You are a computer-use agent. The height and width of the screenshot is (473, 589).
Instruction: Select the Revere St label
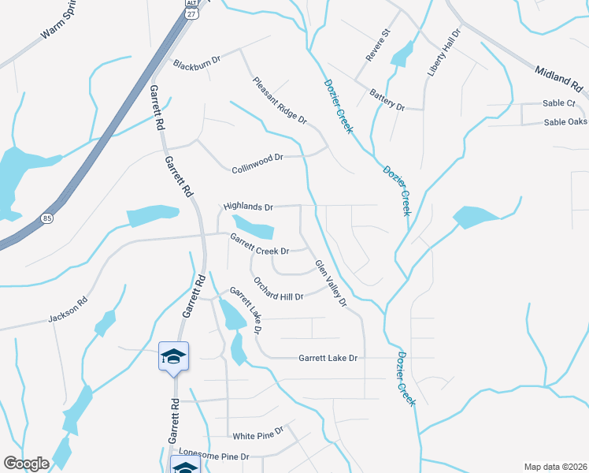pos(378,45)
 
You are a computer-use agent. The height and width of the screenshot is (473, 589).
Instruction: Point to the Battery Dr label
pos(387,100)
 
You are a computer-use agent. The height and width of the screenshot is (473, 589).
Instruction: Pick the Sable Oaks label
pos(566,122)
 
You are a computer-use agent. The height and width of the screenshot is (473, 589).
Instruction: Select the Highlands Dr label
pos(247,207)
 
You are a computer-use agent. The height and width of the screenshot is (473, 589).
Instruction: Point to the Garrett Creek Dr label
pos(260,244)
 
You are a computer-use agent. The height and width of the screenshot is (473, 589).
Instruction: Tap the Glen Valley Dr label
pos(331,283)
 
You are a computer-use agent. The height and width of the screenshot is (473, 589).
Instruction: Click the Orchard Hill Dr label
pos(278,288)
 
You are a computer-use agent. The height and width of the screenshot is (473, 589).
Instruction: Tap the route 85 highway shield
pos(47,219)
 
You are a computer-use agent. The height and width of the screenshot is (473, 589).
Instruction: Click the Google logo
pos(26,463)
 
